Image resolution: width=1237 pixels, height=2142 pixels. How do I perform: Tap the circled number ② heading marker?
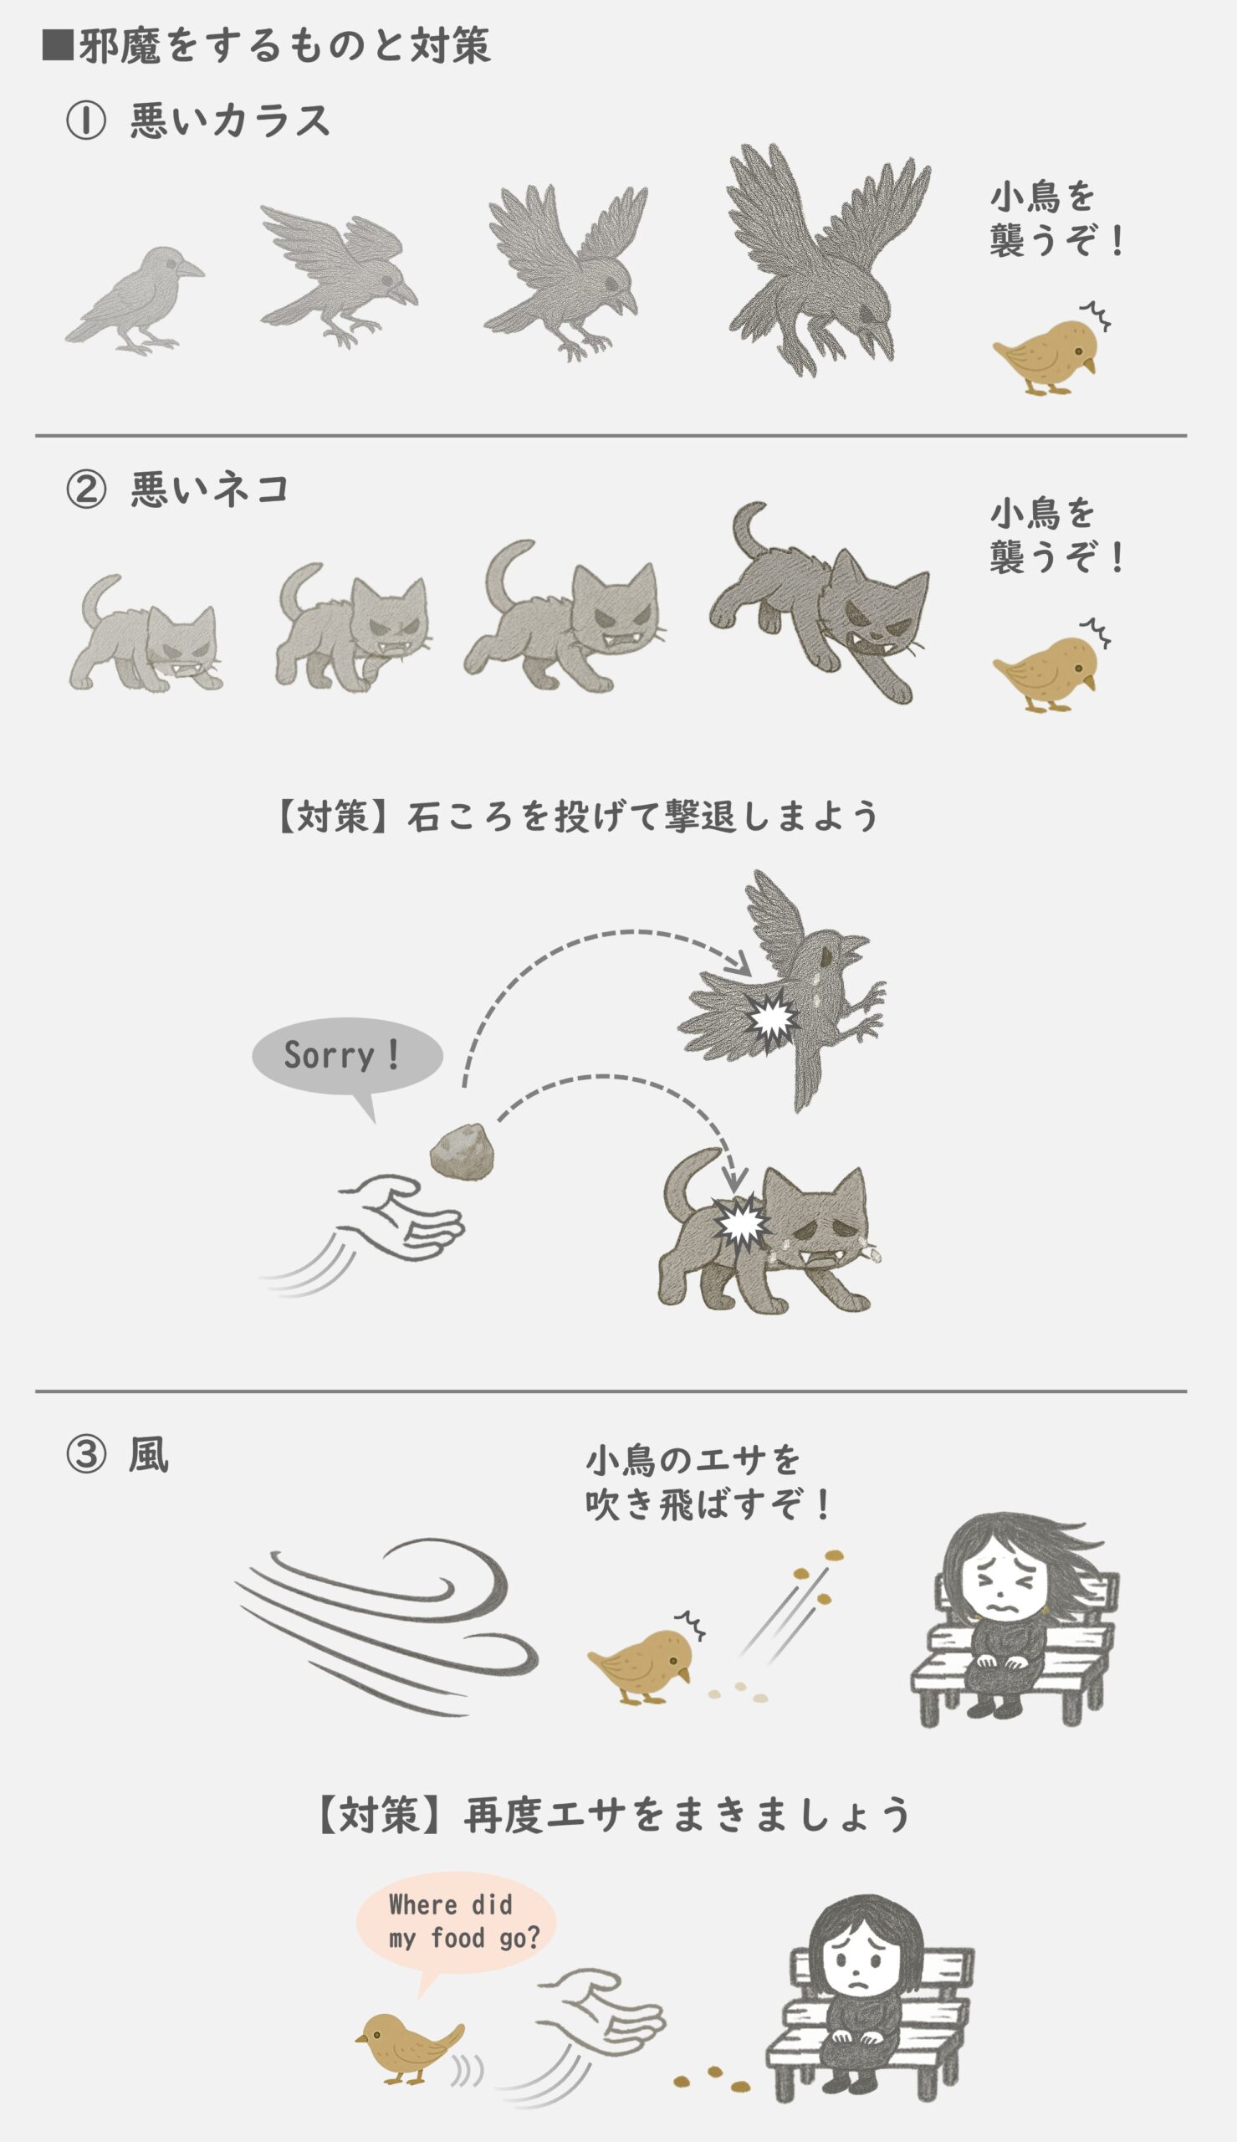point(86,490)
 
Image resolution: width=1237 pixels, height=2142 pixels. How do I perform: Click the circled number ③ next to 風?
point(86,1456)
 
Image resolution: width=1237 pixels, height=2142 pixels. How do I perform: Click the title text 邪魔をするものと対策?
point(284,45)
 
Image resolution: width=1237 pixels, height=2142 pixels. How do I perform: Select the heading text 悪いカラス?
point(229,120)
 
